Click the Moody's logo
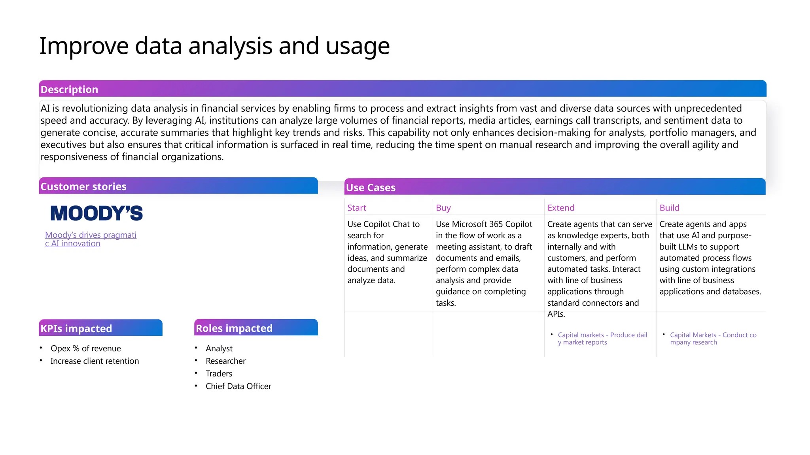tap(97, 213)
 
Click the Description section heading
tap(69, 89)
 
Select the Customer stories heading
tap(83, 186)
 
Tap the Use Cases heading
tap(371, 188)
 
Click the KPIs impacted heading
tap(76, 329)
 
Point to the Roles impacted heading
tap(234, 328)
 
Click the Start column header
tap(357, 208)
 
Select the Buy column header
tap(443, 208)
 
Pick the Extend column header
tap(560, 208)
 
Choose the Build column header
tap(669, 208)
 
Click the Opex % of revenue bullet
tap(85, 348)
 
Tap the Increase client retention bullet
tap(95, 361)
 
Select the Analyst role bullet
tap(219, 348)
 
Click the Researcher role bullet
tap(225, 361)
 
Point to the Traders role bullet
tap(219, 374)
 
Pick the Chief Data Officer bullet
tap(238, 386)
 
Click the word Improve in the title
tap(83, 46)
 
